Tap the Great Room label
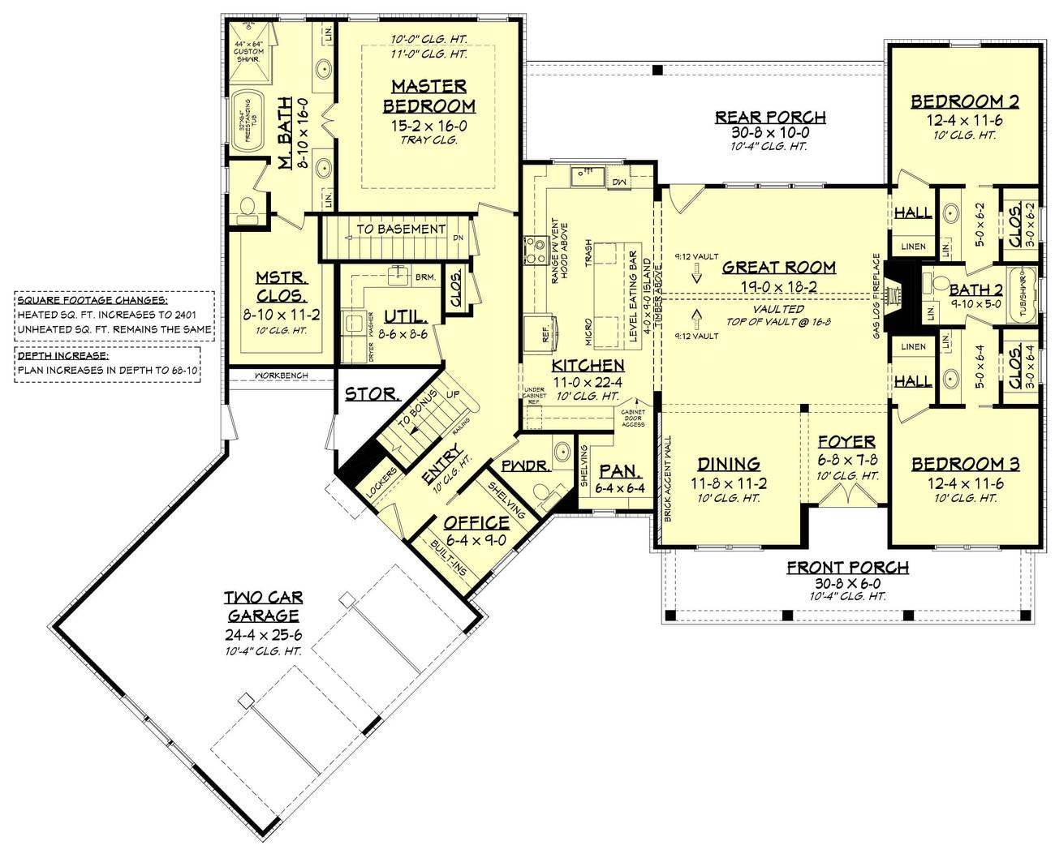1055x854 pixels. tap(778, 267)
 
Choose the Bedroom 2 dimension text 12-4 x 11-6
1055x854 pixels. tap(964, 120)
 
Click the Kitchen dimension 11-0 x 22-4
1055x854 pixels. tap(588, 382)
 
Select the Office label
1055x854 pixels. tap(476, 523)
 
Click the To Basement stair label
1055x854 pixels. tap(401, 230)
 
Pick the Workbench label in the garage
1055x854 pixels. tap(280, 376)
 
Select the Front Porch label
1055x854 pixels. tap(847, 568)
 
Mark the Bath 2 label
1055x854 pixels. tap(975, 290)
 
